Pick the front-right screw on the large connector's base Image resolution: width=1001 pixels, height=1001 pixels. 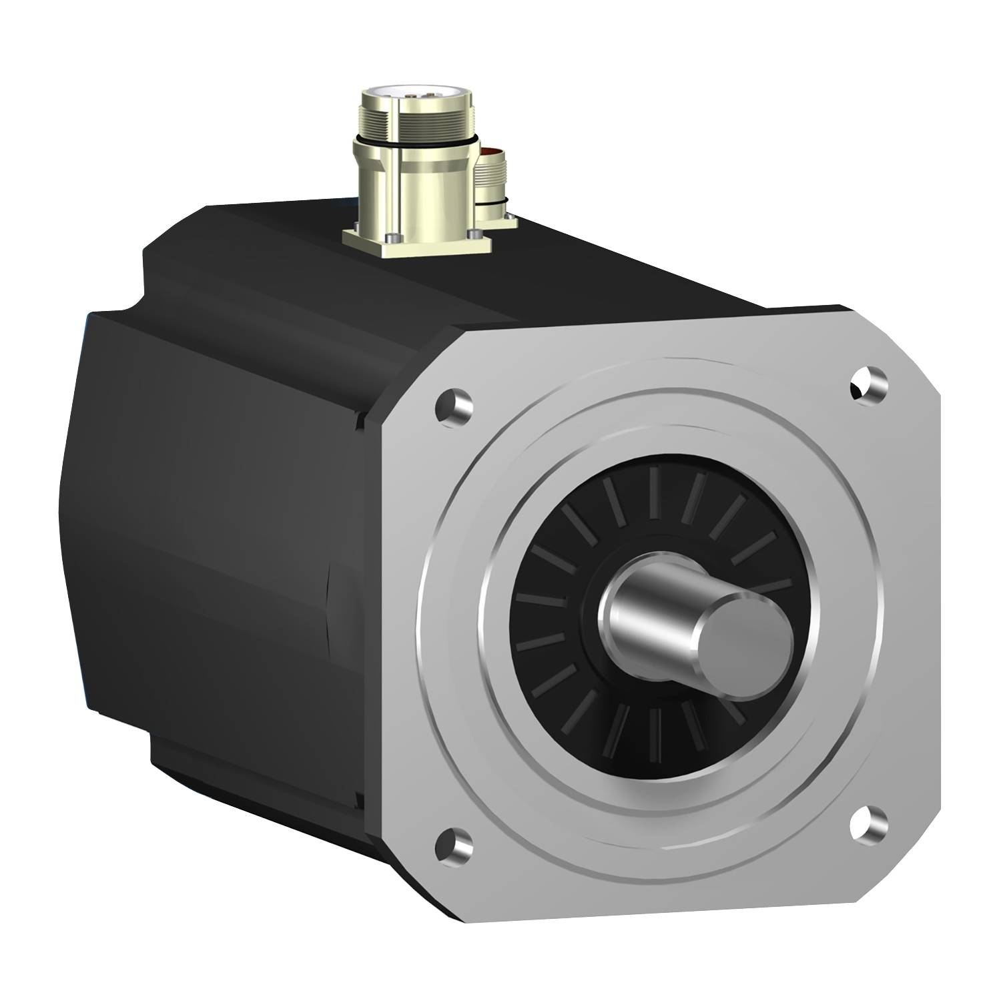click(x=475, y=233)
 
